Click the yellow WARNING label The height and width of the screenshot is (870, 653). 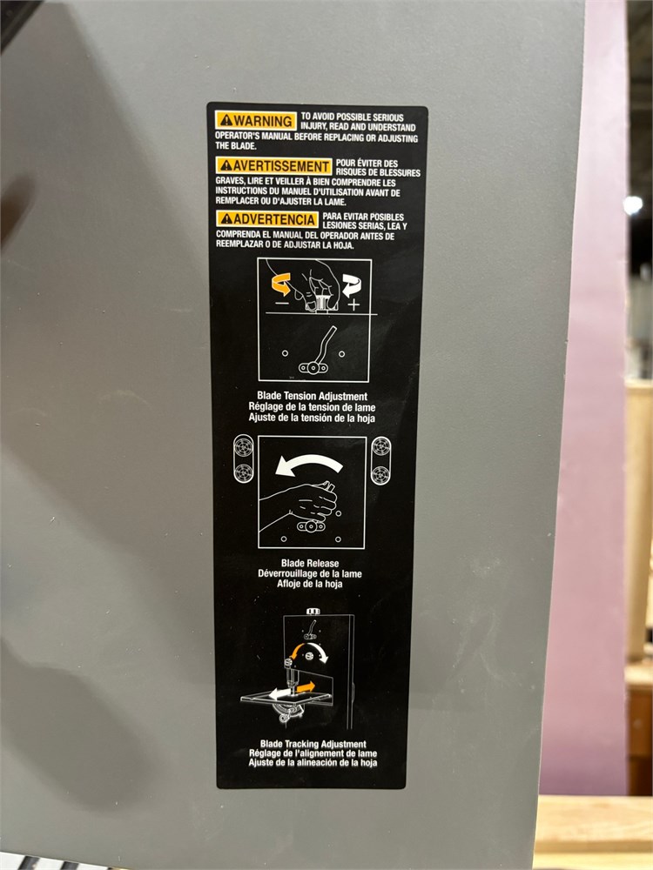pos(256,120)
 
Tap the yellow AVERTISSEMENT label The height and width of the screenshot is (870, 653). pos(273,166)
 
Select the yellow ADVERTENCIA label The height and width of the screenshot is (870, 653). pos(267,219)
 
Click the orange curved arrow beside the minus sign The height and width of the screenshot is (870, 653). pos(281,284)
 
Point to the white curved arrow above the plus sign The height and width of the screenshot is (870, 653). pos(351,285)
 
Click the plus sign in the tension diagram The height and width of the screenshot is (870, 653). pos(353,304)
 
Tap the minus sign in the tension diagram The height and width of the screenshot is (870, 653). pos(282,303)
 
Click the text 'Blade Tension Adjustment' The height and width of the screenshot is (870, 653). pos(312,396)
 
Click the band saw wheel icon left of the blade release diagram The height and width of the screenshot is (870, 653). pos(243,458)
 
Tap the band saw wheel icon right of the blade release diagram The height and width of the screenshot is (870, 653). pos(381,460)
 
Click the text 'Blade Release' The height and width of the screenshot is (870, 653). pos(310,563)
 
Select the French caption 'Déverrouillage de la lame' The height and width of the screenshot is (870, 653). pos(310,573)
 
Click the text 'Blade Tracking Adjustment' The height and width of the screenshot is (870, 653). pos(313,744)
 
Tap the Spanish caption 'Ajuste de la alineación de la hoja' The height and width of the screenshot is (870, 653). pos(313,762)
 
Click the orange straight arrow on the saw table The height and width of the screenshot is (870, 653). pos(306,688)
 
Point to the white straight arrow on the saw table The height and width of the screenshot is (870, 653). pos(279,693)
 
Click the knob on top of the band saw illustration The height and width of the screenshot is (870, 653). pos(313,612)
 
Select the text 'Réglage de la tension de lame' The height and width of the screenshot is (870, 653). pos(312,406)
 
